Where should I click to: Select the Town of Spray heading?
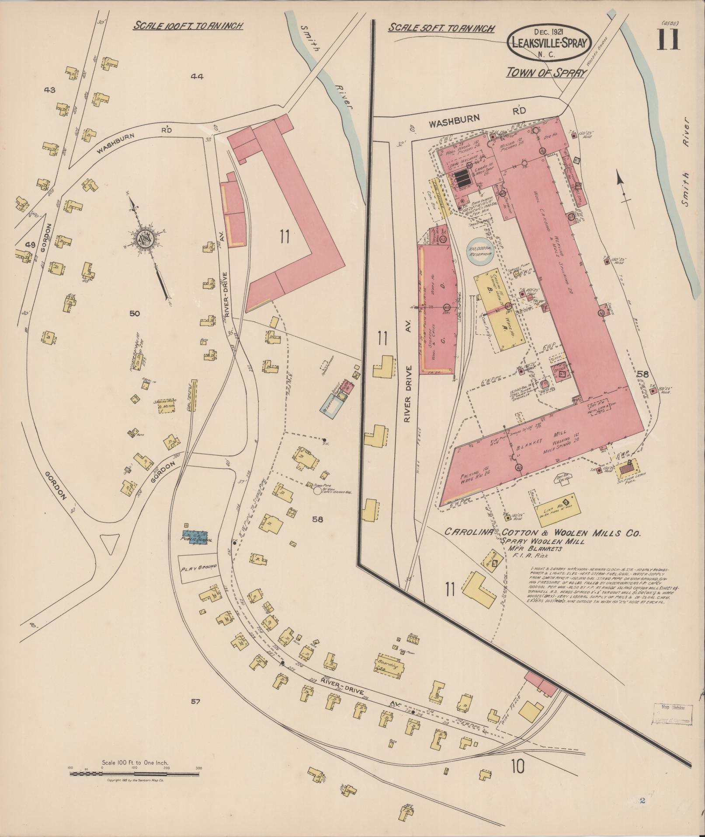545,73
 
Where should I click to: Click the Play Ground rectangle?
198,569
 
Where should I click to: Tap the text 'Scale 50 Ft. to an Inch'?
441,28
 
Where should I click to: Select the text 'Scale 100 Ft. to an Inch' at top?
188,25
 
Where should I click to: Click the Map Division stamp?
672,714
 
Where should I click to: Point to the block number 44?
197,77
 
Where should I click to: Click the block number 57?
195,702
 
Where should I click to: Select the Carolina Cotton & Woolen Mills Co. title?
542,533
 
